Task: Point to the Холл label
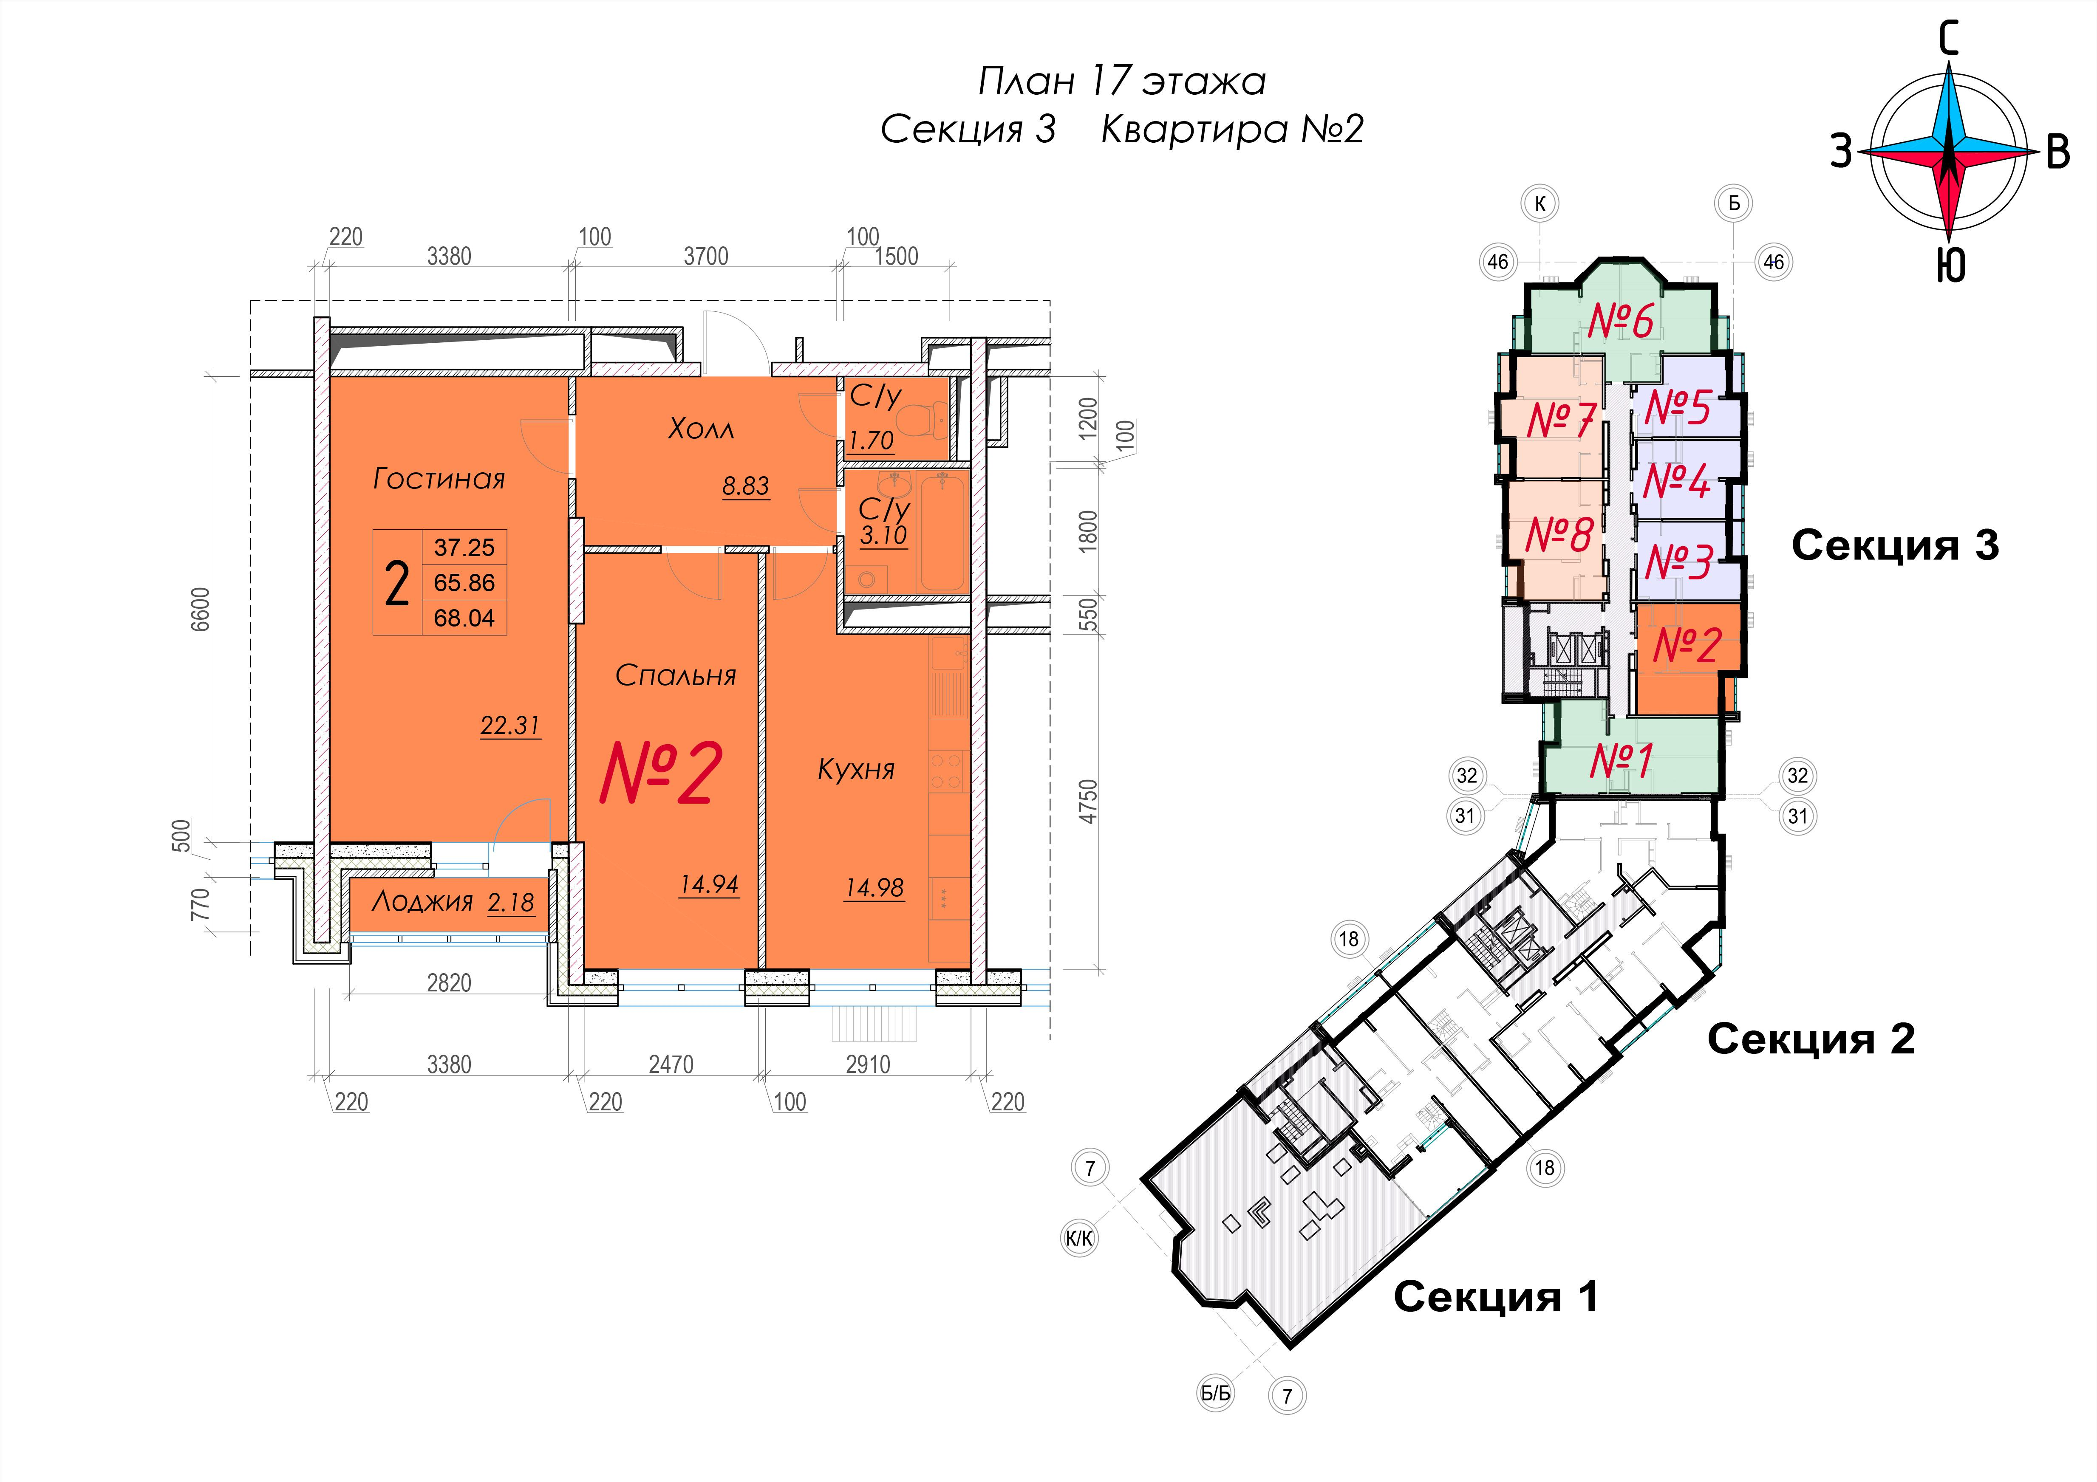(701, 428)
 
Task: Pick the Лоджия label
(422, 902)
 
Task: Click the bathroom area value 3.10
(883, 535)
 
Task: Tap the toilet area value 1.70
(870, 441)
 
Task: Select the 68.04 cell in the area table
(464, 618)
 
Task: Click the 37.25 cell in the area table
(464, 547)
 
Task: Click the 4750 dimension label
(1087, 801)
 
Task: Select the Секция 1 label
(1496, 1297)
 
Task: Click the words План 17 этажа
(1121, 81)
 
